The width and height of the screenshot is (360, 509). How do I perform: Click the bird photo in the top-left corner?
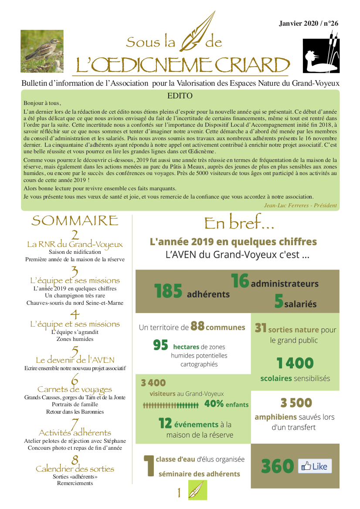tap(42, 51)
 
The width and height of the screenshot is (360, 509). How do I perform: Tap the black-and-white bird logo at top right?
tap(321, 54)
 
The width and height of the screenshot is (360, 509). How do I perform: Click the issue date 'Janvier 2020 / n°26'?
tap(309, 24)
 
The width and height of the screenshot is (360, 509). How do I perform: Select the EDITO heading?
tap(180, 96)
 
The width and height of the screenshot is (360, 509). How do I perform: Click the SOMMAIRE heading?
tap(75, 220)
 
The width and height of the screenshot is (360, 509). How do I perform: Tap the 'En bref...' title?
tap(239, 223)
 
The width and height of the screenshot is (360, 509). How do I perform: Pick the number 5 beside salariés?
tap(279, 301)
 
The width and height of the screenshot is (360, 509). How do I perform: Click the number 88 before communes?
tap(197, 327)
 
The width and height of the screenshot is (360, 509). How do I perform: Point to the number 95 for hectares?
tap(160, 346)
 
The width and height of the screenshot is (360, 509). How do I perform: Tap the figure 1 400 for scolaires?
tap(295, 363)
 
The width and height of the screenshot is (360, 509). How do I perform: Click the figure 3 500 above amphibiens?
tap(296, 403)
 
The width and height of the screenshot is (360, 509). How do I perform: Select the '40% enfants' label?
tap(226, 404)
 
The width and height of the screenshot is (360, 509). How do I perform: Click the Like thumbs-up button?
tap(315, 466)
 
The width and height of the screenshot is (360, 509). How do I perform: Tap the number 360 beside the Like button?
tap(278, 466)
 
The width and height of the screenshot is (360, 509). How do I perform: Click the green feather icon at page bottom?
tap(197, 490)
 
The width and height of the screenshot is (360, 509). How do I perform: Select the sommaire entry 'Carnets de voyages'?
tap(75, 389)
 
